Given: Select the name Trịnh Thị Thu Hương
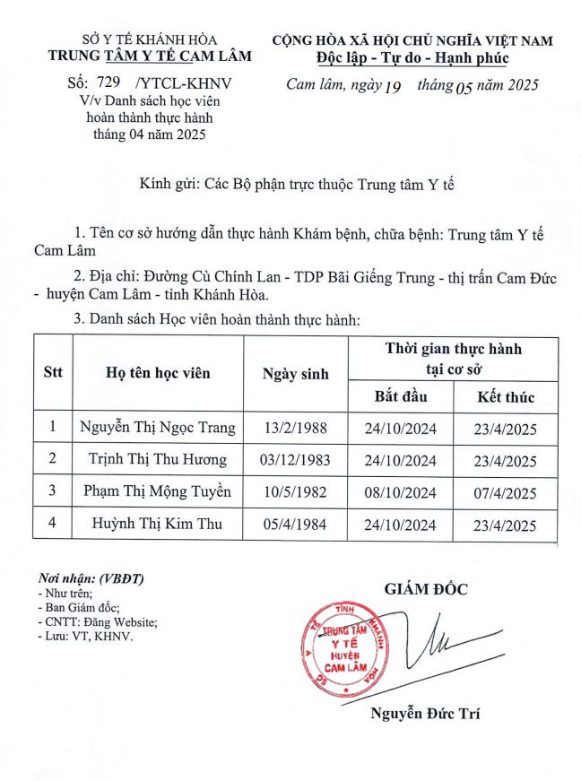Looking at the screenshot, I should (x=157, y=460).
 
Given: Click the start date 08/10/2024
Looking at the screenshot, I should (x=401, y=492).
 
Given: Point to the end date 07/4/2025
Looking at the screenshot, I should (x=507, y=492).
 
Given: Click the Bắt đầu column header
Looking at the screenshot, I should (x=401, y=396).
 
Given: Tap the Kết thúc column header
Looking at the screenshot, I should (x=506, y=396).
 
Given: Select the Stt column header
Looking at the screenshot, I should (x=53, y=373).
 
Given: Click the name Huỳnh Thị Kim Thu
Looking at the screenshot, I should (x=157, y=524).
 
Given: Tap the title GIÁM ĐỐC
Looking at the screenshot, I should (x=426, y=590).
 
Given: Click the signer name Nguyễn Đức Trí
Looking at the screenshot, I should (x=425, y=715).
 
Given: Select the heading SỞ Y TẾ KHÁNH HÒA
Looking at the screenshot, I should (x=150, y=39).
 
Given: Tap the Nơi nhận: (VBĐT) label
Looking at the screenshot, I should (x=91, y=578).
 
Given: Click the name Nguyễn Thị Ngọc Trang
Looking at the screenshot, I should (x=157, y=428).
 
